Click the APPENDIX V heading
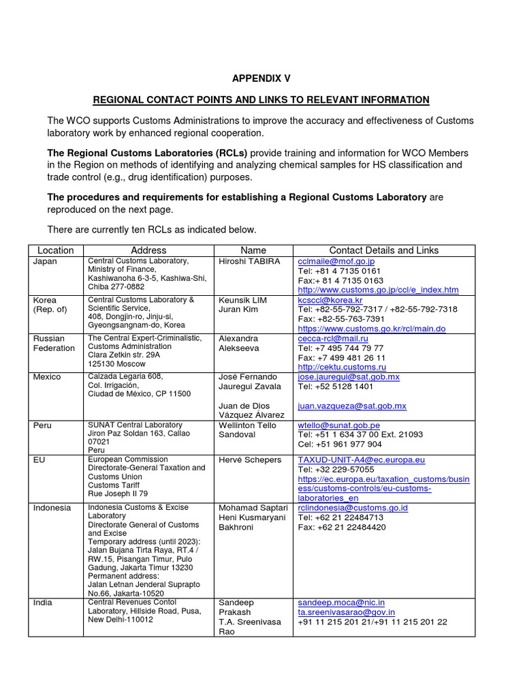tap(261, 79)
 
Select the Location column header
tap(55, 250)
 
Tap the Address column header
tap(148, 250)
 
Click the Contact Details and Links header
tap(384, 250)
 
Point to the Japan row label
tap(46, 261)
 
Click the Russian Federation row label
tap(54, 343)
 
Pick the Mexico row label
tap(47, 377)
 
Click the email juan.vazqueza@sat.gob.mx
tap(352, 406)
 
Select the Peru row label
tap(42, 425)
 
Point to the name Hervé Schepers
tap(250, 460)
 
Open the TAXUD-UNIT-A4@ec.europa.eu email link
tap(362, 460)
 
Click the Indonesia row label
tap(52, 508)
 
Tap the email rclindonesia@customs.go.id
tap(353, 508)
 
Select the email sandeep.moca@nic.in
tap(341, 603)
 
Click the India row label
tap(43, 603)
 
